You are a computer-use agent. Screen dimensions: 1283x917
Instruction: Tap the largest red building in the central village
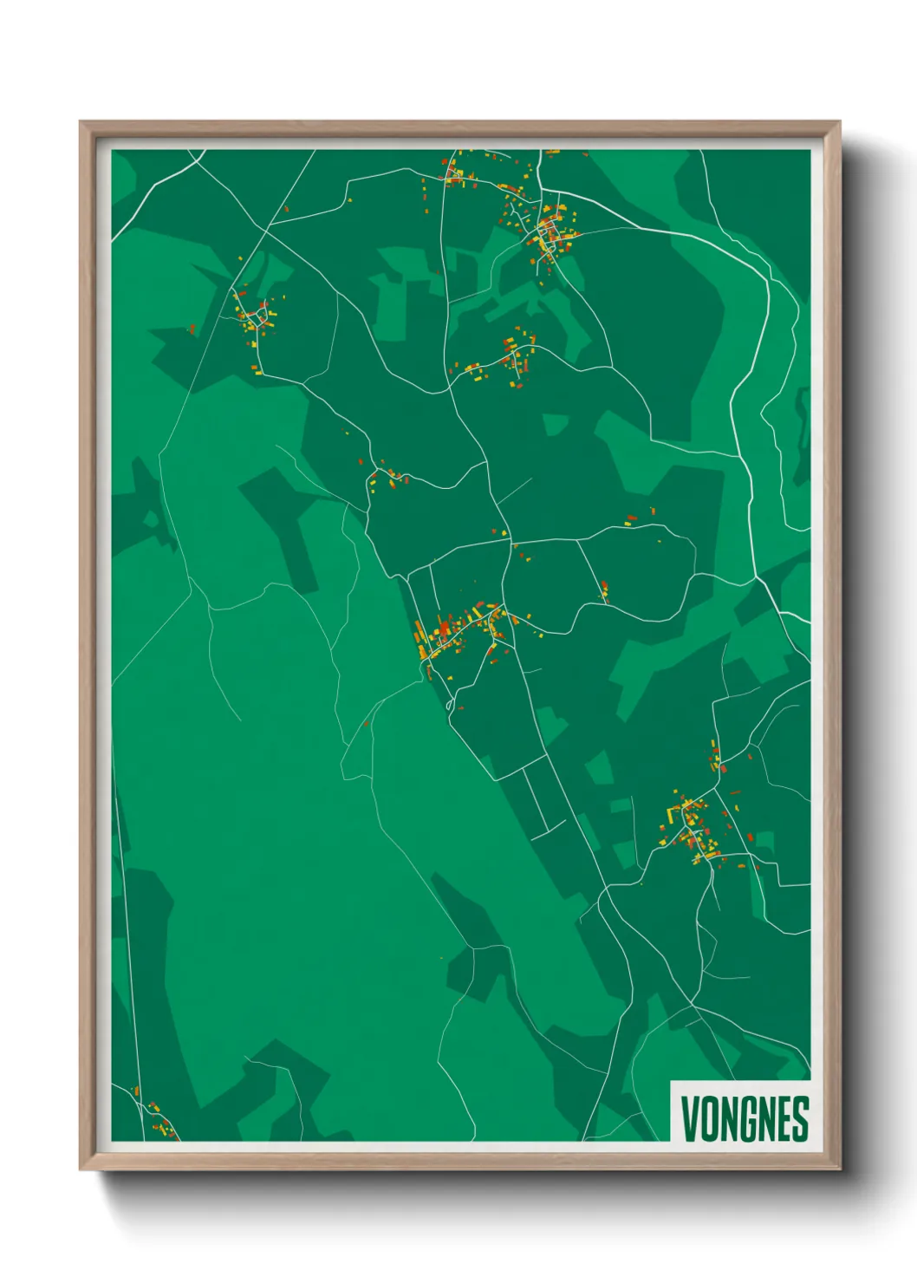point(445,627)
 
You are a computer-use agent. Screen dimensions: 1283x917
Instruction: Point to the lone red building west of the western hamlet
point(192,329)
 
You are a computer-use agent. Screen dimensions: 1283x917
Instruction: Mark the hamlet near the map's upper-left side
point(254,317)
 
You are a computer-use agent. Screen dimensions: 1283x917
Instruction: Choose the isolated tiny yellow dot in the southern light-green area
point(441,958)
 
